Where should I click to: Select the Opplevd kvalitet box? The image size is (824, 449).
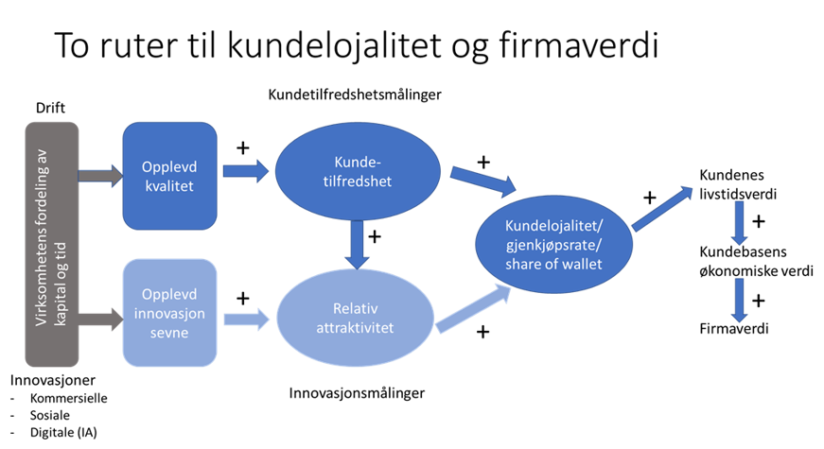click(x=170, y=176)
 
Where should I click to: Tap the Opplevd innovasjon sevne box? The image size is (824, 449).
click(x=170, y=312)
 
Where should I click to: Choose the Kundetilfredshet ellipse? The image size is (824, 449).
click(x=357, y=171)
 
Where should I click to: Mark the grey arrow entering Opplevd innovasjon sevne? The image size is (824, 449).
click(x=100, y=319)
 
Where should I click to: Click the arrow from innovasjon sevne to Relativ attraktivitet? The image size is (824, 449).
click(x=247, y=318)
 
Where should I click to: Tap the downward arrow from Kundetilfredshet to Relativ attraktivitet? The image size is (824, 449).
click(x=357, y=243)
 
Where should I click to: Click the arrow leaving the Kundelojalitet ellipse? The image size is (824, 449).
click(x=663, y=208)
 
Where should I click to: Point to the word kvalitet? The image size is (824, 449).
click(x=170, y=186)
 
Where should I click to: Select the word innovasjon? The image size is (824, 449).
click(x=170, y=312)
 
